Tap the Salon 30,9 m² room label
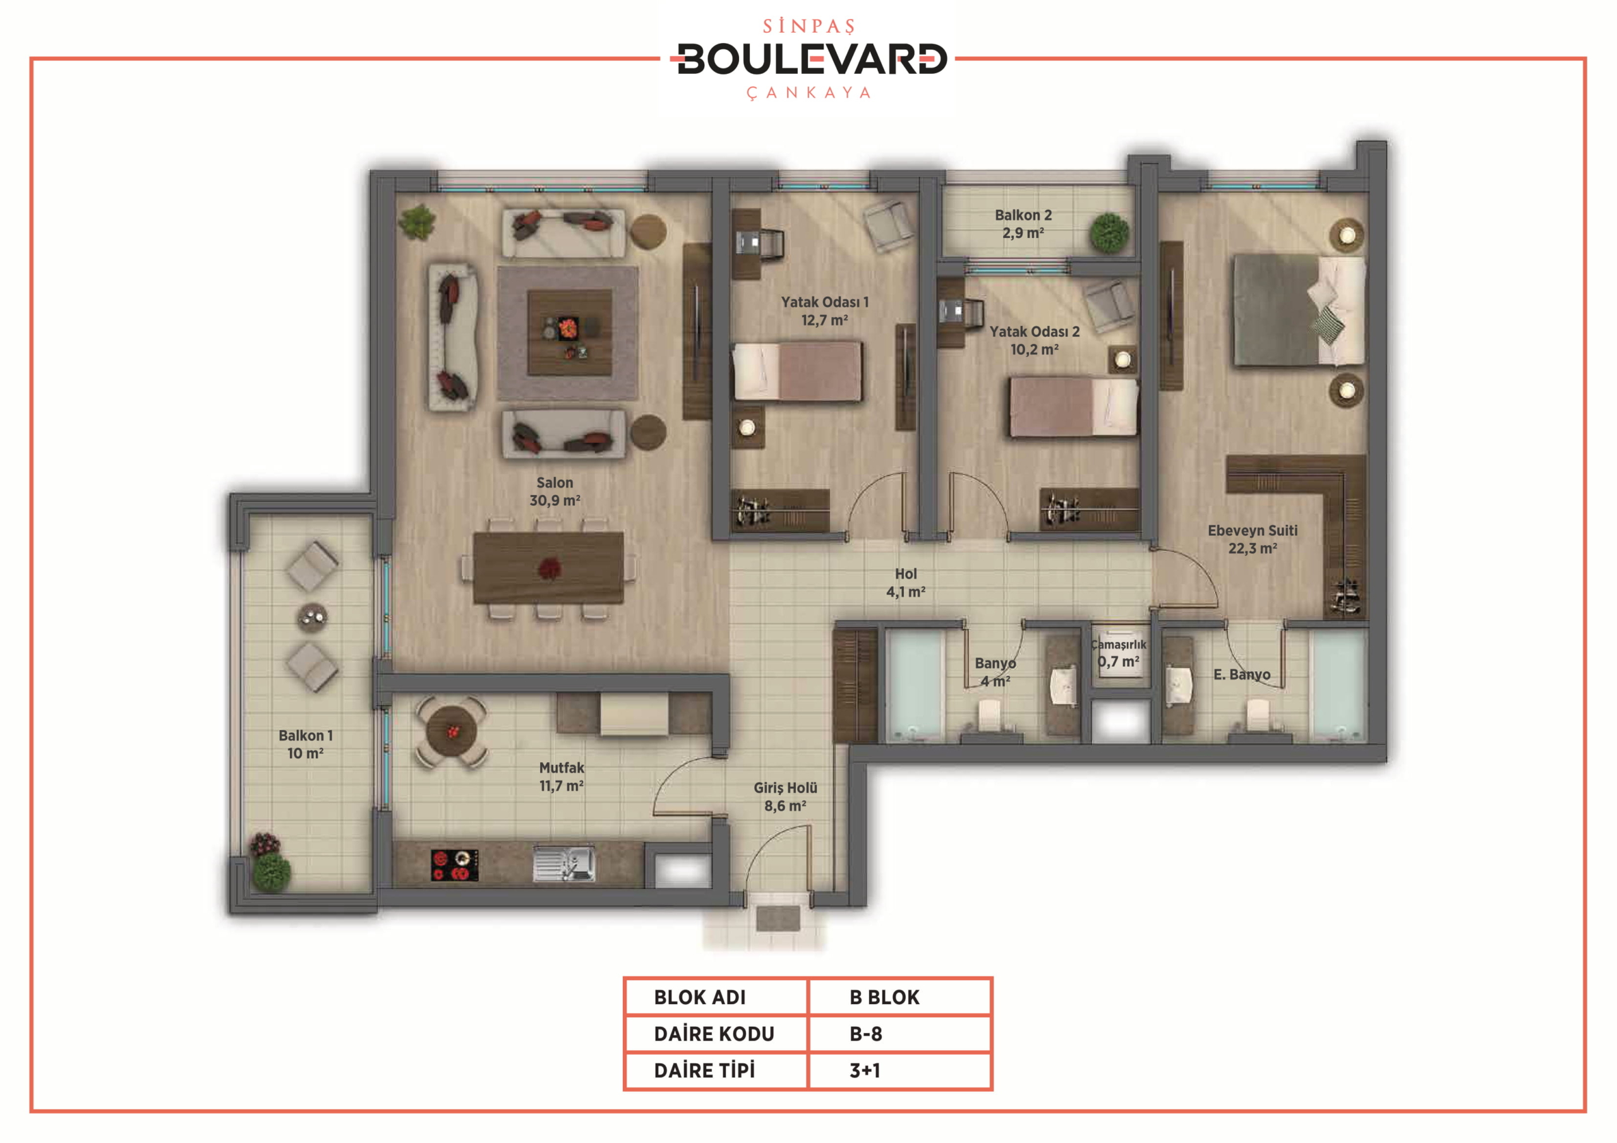555,491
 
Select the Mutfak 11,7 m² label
562,777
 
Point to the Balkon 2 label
1023,215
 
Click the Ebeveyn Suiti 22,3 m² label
1253,539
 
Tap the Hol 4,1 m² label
906,583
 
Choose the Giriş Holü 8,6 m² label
785,796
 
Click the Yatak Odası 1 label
825,302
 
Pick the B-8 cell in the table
865,1034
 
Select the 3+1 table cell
865,1070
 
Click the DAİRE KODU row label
714,1034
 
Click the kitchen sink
564,864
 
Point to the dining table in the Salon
549,568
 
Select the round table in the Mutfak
452,732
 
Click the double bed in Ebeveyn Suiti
1299,311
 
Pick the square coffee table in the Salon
570,332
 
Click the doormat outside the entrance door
778,918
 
